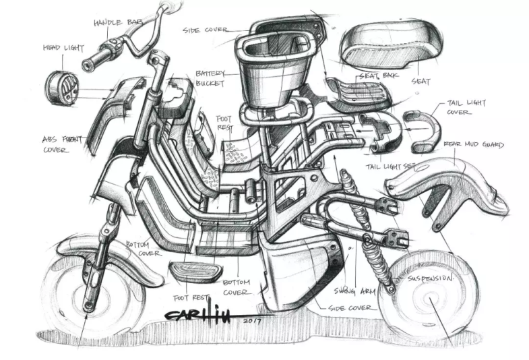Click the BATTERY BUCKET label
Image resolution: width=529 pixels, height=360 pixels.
tap(210, 78)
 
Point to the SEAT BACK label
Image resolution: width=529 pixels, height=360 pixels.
tap(378, 76)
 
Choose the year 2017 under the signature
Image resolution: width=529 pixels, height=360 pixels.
tap(250, 321)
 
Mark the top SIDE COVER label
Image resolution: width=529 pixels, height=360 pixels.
tap(205, 30)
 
